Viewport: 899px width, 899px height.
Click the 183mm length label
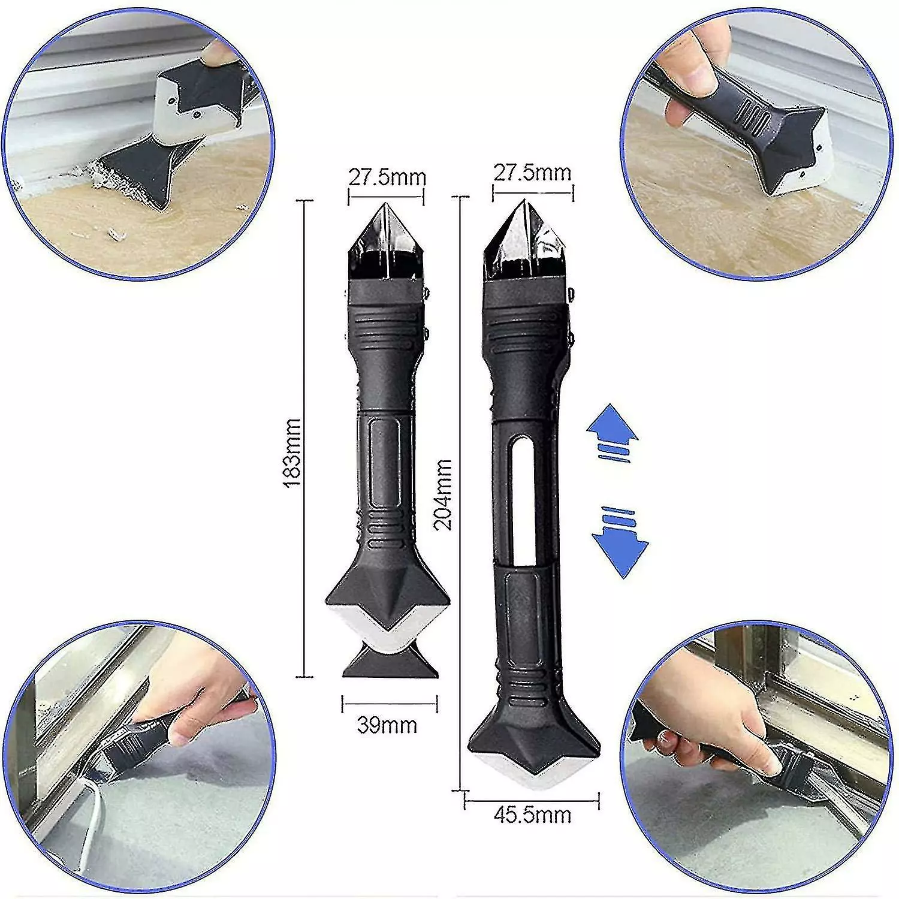click(293, 444)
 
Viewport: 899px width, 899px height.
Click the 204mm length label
click(443, 494)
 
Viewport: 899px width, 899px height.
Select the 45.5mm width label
click(533, 816)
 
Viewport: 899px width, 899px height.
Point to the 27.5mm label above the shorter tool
click(388, 178)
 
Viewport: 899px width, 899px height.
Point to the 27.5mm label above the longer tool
click(532, 173)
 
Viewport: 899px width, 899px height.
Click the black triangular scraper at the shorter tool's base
click(388, 662)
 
